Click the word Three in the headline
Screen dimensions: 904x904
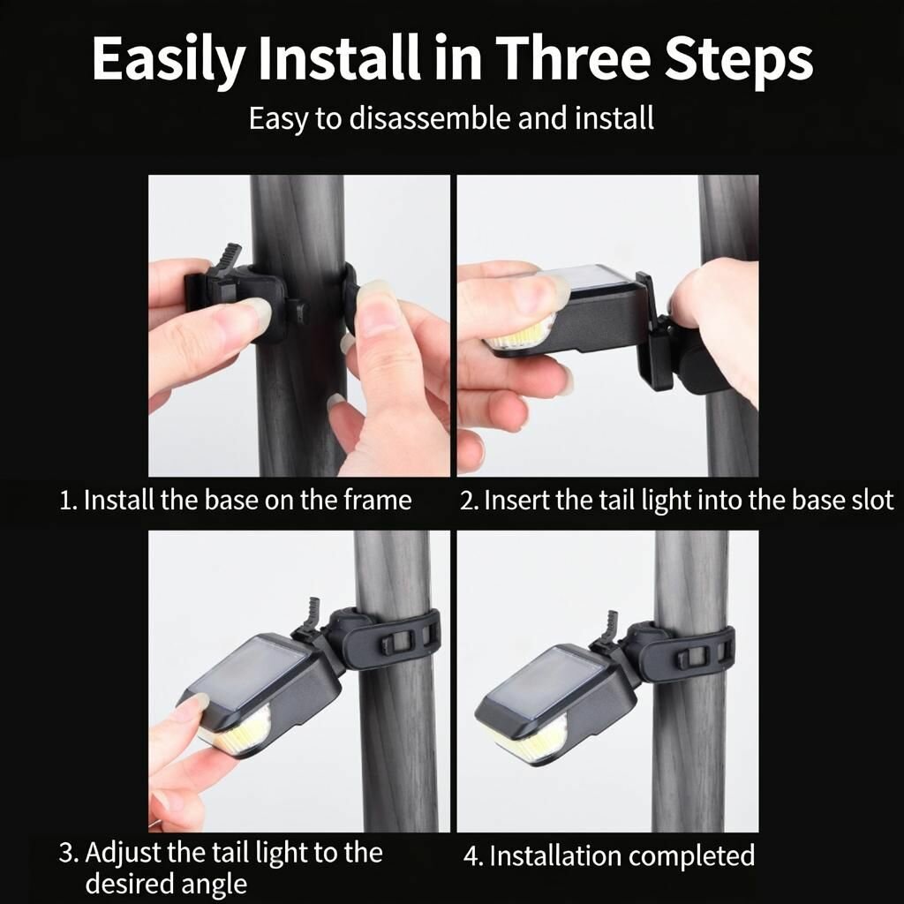click(x=572, y=57)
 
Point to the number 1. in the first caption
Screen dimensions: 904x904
click(x=69, y=501)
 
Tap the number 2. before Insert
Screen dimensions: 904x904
click(x=469, y=501)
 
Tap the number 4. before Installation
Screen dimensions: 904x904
click(x=473, y=856)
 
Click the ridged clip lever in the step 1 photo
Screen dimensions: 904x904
click(x=228, y=260)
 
